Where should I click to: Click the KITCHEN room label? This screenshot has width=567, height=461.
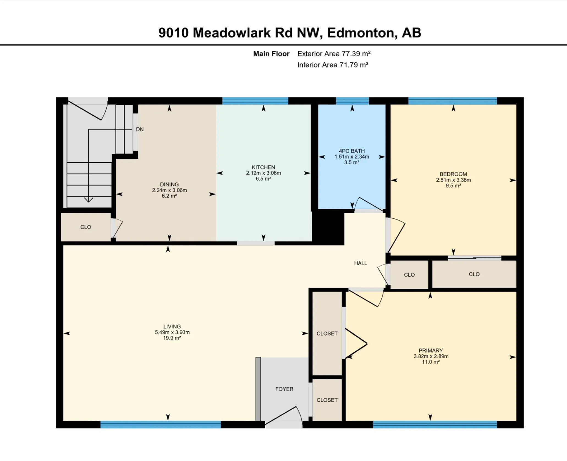coord(263,167)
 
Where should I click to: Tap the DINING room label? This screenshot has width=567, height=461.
coord(169,184)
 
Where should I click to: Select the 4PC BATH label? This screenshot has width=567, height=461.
coord(352,151)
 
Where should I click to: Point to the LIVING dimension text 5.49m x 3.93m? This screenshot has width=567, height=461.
coord(172,332)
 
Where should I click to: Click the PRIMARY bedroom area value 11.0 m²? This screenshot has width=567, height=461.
coord(431,362)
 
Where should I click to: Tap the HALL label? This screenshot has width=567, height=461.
coord(360,263)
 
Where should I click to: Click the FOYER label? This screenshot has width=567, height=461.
coord(284,389)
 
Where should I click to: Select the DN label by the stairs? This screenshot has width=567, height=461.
coord(140,129)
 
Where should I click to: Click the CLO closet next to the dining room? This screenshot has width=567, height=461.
coord(86,227)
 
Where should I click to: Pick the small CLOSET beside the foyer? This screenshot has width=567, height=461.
coord(327,400)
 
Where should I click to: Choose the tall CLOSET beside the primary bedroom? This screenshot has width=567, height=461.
coord(327,333)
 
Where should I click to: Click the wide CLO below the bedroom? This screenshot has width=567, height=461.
coord(474,274)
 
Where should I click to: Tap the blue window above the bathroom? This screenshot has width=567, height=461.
coord(352,101)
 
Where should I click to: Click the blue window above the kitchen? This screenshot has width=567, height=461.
coord(255,101)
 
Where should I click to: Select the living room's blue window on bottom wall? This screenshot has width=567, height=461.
coord(161,424)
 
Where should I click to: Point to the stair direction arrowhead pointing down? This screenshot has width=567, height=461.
coord(89,200)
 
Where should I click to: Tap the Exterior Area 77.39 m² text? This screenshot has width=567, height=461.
coord(334,54)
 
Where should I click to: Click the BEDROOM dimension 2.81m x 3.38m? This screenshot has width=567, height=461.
coord(453,180)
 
